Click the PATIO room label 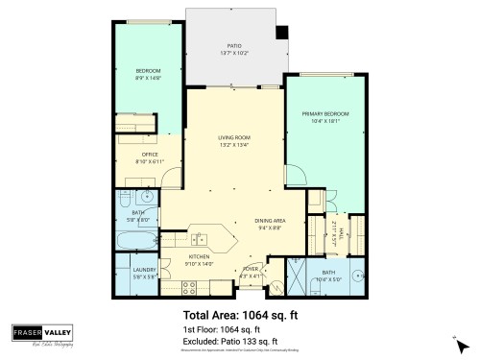point(233,44)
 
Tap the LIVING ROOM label point(233,139)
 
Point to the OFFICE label point(149,154)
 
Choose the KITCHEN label point(200,257)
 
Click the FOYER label point(250,271)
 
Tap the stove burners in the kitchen point(189,285)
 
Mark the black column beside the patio point(280,33)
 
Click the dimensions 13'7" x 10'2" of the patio point(233,52)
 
